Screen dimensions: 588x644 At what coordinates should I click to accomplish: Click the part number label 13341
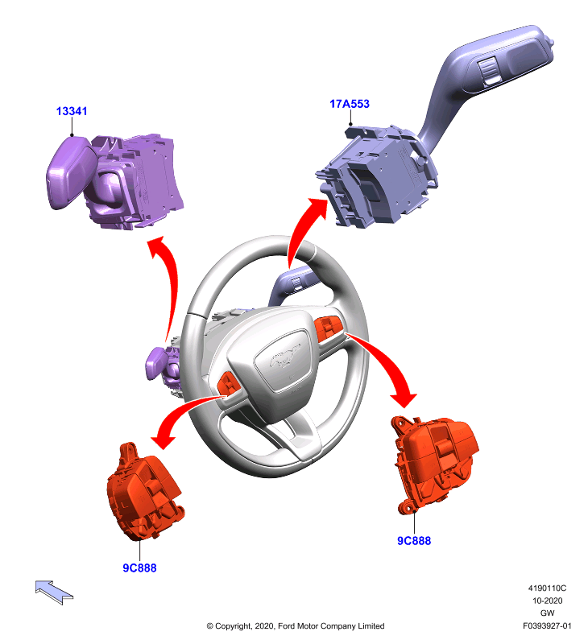pos(72,111)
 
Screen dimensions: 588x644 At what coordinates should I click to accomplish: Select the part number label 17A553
pos(350,104)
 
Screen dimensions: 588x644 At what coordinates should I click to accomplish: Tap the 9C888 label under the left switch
pos(139,568)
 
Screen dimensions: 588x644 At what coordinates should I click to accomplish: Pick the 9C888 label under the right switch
pos(414,541)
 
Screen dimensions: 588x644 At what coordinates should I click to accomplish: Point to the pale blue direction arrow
pos(54,592)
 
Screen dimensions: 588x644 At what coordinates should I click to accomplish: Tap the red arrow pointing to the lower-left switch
pos(180,415)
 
